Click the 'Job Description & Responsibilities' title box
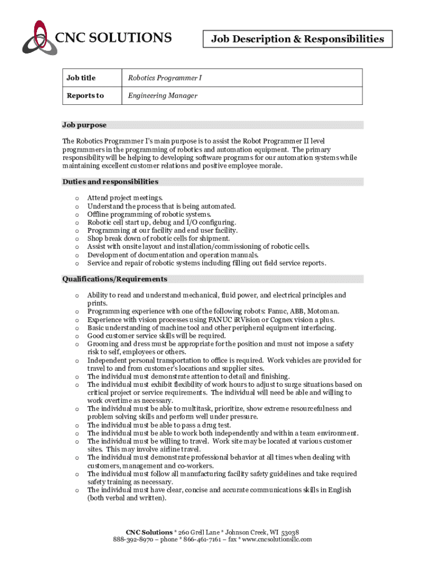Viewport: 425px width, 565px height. tap(297, 39)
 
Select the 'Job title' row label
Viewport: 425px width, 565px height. tap(81, 78)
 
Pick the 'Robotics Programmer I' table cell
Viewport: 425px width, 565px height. tap(165, 78)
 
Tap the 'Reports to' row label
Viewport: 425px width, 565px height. tap(85, 95)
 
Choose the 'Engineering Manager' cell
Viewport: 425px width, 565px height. tap(163, 95)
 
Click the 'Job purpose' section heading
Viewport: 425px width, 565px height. tap(84, 125)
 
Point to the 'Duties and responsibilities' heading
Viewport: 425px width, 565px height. tap(110, 182)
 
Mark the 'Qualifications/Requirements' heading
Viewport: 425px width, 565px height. tap(115, 279)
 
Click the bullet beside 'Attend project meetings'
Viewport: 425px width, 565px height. tap(76, 198)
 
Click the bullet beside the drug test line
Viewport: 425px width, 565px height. tap(76, 425)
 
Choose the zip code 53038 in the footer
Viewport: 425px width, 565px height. tap(290, 531)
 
